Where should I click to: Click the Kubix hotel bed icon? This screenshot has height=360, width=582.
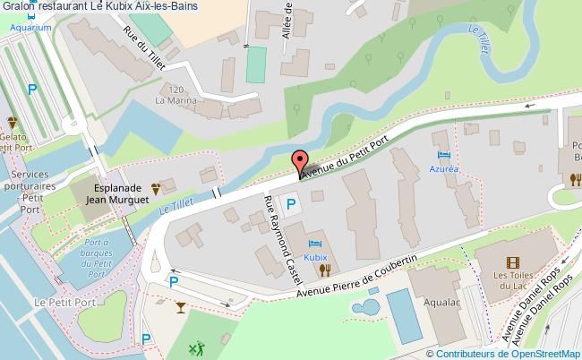coord(313,244)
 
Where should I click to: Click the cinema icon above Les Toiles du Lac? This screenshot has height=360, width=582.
coord(511,262)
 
